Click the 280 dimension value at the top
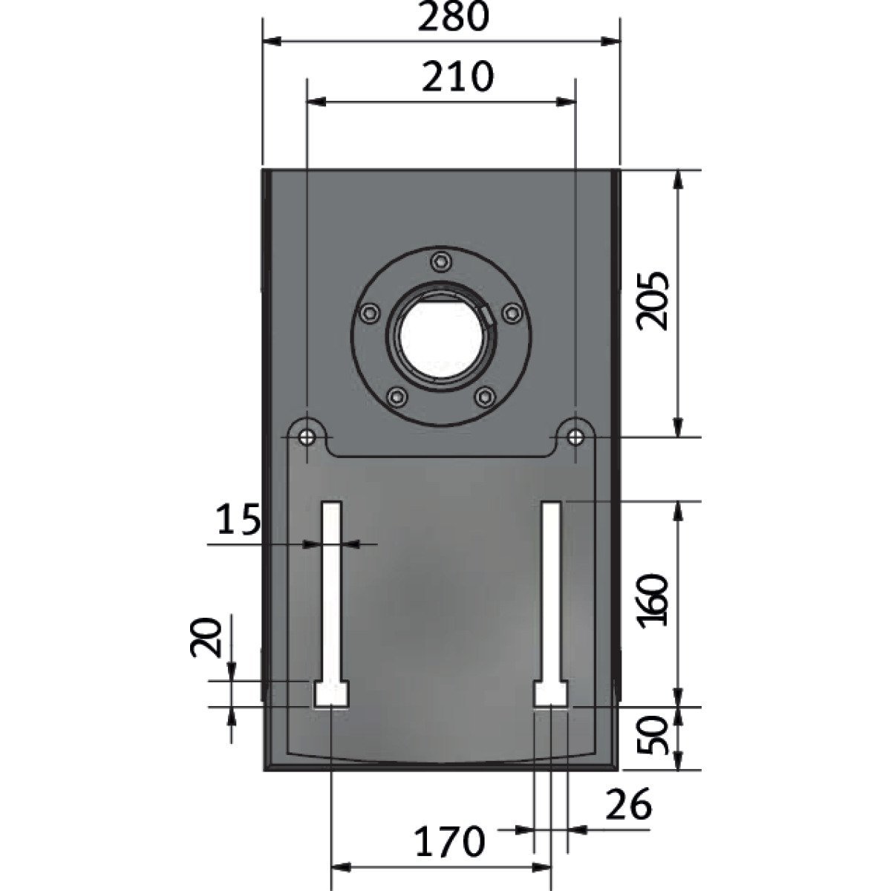pos(453,17)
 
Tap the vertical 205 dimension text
pos(653,301)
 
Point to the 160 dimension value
pos(653,601)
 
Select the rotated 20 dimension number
pos(206,637)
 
